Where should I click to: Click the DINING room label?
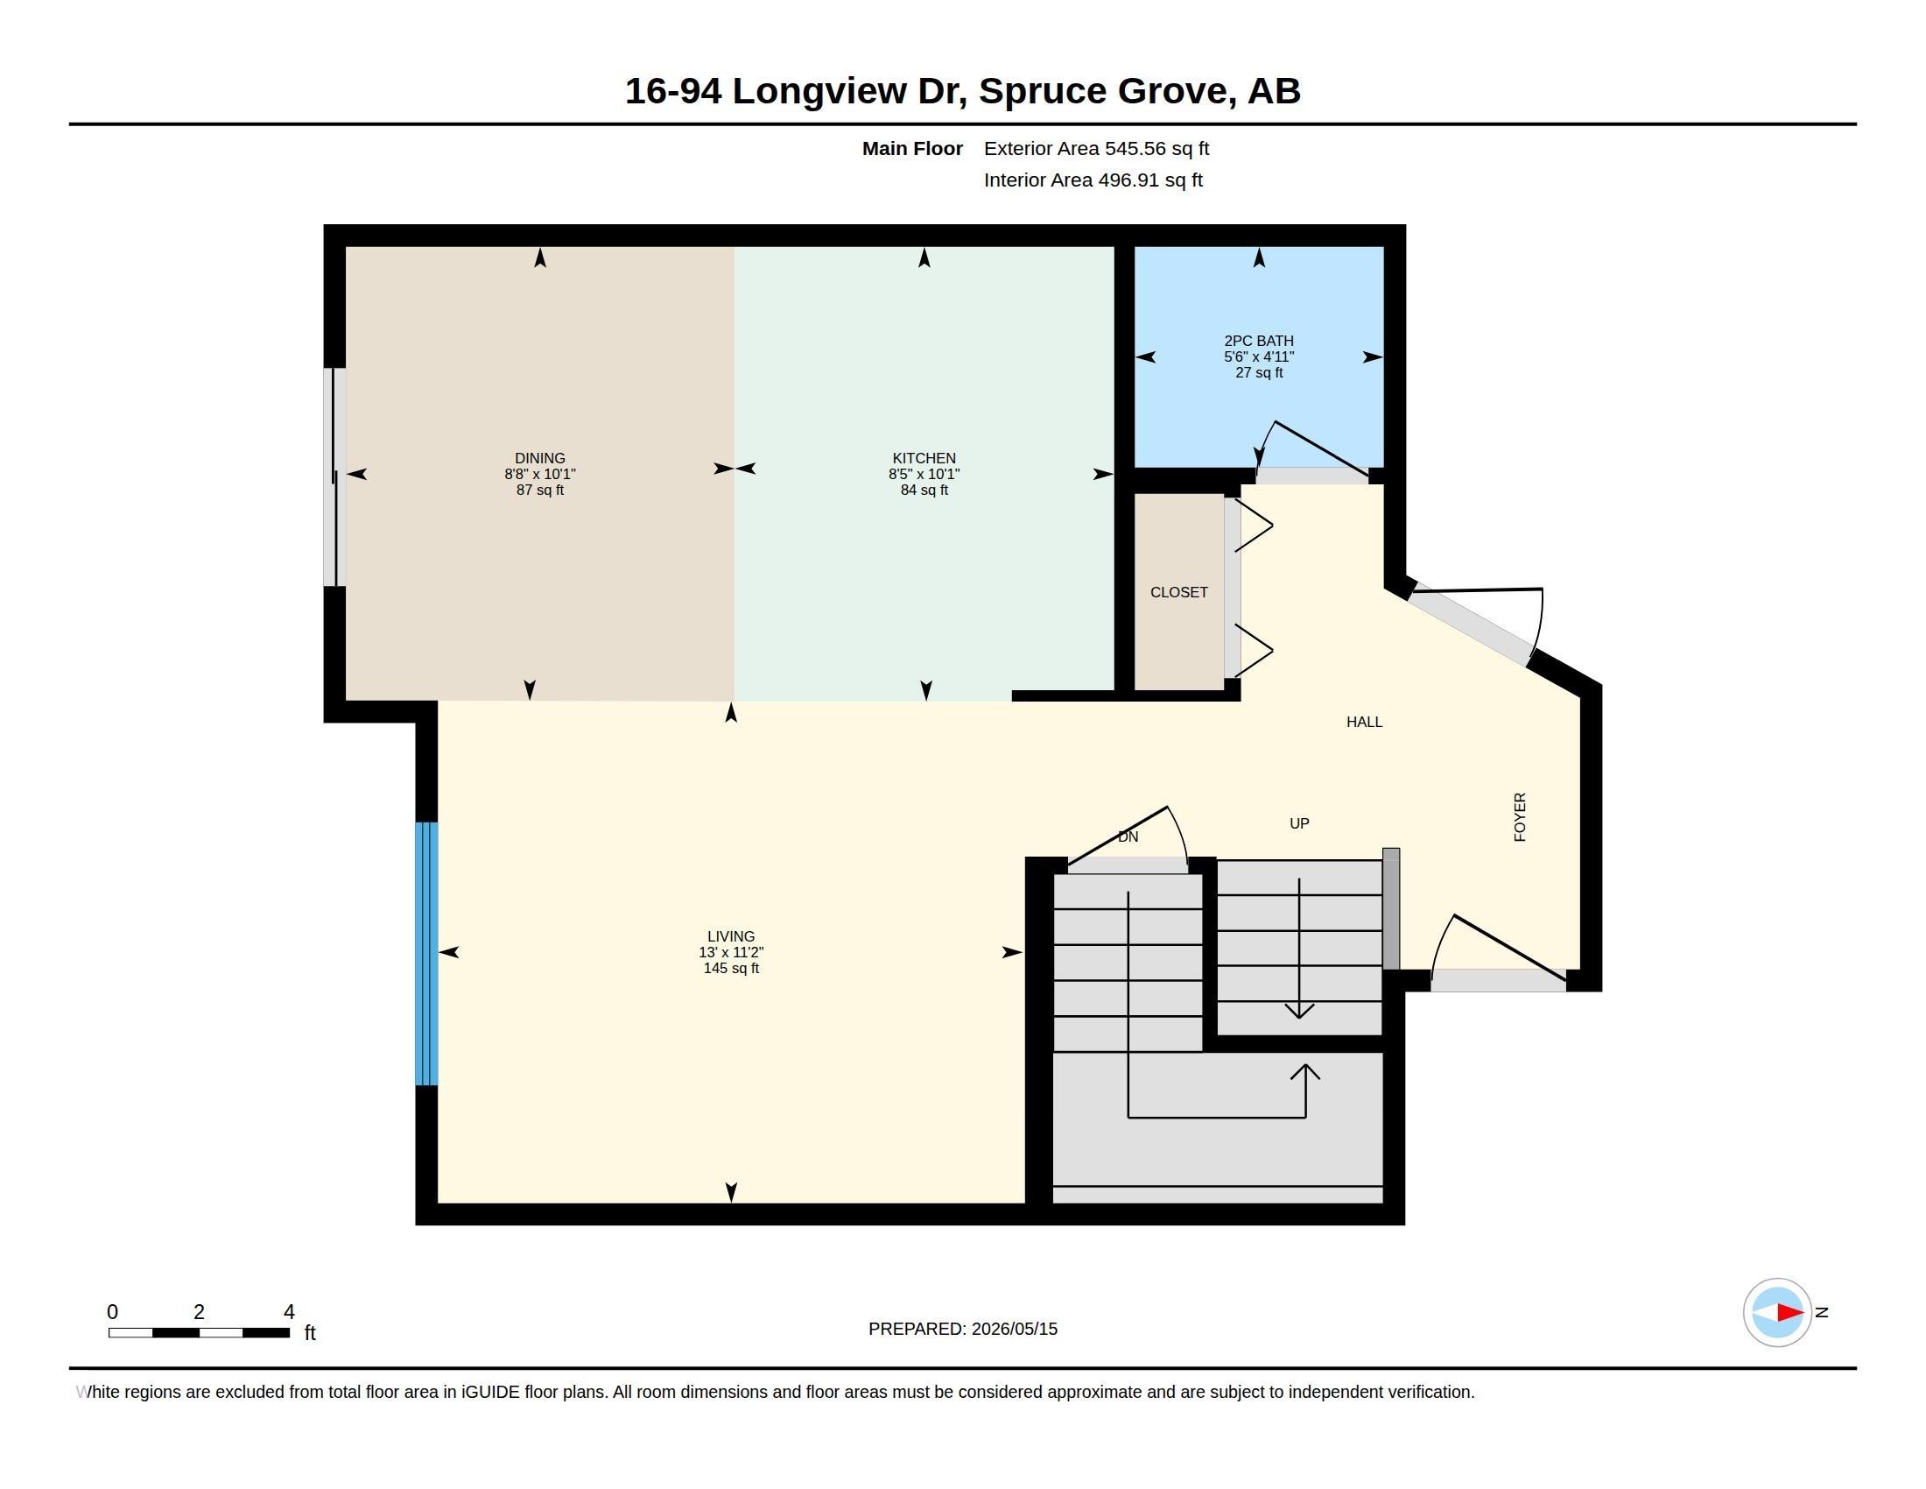click(539, 458)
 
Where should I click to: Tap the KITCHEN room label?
click(924, 458)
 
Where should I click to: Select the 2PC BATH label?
click(1258, 341)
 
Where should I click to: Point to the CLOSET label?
click(1179, 592)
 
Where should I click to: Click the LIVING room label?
click(731, 936)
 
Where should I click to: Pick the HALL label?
click(1364, 722)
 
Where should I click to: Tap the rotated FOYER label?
click(1520, 817)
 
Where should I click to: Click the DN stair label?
click(1128, 836)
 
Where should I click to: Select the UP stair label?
click(1299, 823)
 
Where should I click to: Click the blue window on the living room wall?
click(427, 954)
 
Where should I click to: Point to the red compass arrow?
click(1789, 1313)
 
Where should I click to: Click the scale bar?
click(200, 1332)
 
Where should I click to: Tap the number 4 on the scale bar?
click(288, 1312)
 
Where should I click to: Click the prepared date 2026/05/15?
click(1014, 1329)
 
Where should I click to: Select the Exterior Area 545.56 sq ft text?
click(1096, 148)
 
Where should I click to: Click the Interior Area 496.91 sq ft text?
click(1093, 180)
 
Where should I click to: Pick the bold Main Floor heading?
click(912, 148)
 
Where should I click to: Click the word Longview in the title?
click(819, 91)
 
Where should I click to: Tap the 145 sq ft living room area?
click(731, 968)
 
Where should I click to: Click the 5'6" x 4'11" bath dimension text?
click(1258, 356)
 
